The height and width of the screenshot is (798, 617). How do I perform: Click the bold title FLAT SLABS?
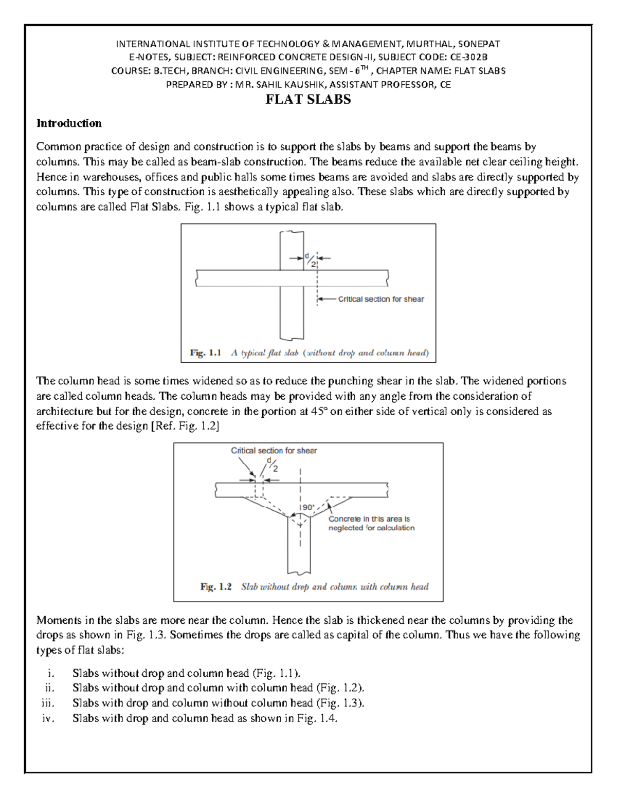tap(308, 100)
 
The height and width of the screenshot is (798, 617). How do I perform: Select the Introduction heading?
tap(69, 123)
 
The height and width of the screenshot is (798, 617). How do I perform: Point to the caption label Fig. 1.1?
tap(205, 353)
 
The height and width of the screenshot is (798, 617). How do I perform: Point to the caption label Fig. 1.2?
tap(216, 587)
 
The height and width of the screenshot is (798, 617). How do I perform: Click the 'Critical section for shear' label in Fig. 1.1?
tap(380, 299)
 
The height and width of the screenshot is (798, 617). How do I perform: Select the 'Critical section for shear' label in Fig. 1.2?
tap(274, 451)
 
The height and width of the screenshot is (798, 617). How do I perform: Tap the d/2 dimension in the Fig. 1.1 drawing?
tap(310, 260)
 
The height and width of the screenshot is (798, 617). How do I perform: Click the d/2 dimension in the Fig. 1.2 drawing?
tap(272, 464)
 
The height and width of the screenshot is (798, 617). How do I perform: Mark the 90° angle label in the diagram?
tap(308, 507)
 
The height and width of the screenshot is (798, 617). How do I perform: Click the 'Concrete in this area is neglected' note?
tap(371, 524)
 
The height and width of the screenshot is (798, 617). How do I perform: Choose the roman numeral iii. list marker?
tap(48, 703)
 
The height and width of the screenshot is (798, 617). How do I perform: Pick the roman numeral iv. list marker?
tap(48, 718)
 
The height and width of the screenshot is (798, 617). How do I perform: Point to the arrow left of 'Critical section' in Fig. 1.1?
tap(326, 299)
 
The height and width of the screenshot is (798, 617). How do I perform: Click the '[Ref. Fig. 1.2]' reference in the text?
tap(184, 426)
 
